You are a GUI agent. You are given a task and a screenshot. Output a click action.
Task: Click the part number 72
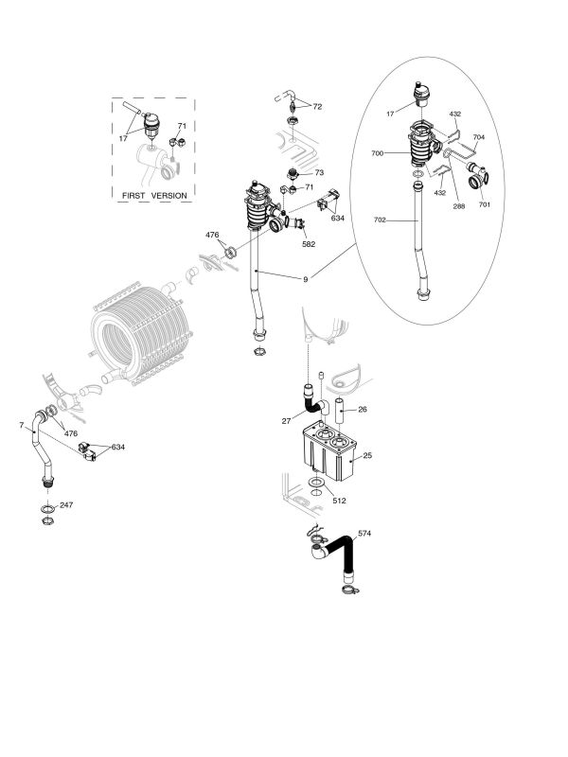pos(317,107)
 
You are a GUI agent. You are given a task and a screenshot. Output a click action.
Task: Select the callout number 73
pos(320,173)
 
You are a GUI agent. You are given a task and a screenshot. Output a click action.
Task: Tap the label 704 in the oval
pos(479,137)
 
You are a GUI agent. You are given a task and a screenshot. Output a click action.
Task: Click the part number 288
pos(459,205)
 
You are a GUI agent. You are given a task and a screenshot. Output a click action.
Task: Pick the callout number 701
pos(484,205)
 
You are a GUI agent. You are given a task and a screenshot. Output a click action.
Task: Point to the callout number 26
pos(364,410)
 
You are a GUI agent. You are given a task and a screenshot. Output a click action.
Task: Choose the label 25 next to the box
pos(366,456)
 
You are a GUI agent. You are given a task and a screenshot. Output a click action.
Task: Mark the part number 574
pos(364,535)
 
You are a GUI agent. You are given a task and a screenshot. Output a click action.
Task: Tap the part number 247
pos(65,505)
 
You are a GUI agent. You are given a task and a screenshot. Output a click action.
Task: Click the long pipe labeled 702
pos(419,241)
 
